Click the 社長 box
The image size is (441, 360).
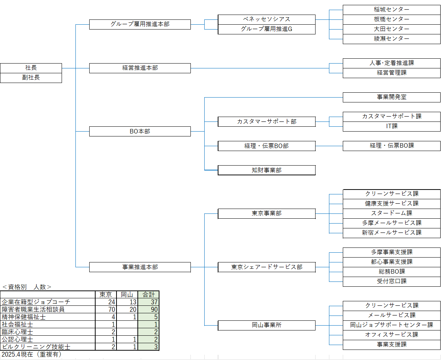point(31,68)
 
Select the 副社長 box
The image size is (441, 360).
point(31,78)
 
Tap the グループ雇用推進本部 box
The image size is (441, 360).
point(140,24)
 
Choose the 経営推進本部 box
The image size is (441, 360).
point(140,68)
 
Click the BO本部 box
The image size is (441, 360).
point(140,131)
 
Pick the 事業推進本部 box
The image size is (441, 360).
point(140,267)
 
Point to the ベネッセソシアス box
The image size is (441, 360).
point(266,19)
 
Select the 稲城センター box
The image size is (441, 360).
point(391,10)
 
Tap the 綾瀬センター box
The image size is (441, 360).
point(391,39)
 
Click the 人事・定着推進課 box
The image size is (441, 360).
point(391,63)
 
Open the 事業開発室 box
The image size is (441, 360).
point(391,97)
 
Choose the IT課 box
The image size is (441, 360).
point(391,126)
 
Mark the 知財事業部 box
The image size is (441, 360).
point(266,170)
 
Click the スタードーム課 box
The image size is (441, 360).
point(391,213)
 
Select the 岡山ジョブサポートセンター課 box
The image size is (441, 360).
point(391,325)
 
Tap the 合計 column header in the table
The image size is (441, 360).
point(149,295)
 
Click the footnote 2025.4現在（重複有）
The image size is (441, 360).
point(31,354)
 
